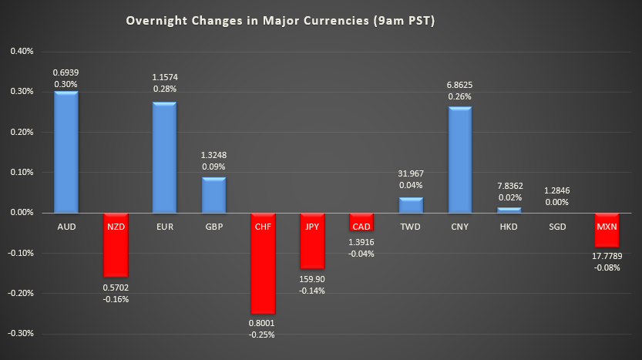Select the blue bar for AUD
(x=66, y=152)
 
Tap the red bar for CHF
(x=263, y=263)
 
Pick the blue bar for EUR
(x=164, y=157)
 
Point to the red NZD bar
(x=116, y=244)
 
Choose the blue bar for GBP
(x=213, y=195)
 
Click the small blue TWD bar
(x=411, y=205)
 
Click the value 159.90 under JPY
(x=312, y=280)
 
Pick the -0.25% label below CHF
(x=263, y=335)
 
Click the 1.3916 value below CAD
(x=361, y=241)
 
